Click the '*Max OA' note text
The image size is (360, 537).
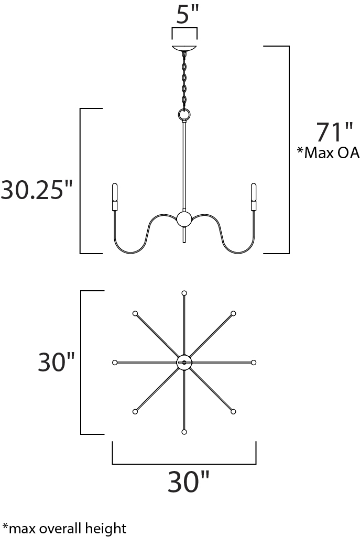click(x=328, y=153)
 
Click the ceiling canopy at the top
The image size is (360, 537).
click(x=184, y=48)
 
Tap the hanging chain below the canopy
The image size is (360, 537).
click(x=184, y=81)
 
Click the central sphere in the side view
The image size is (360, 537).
click(x=184, y=219)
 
